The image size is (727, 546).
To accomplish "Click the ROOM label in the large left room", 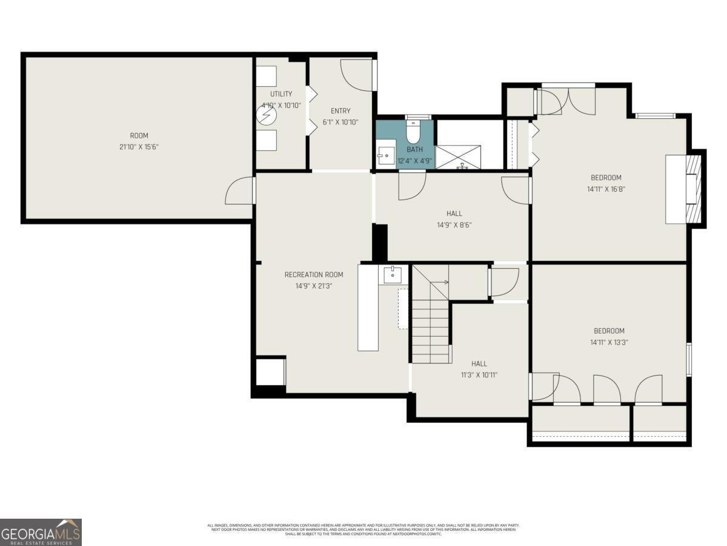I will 139,135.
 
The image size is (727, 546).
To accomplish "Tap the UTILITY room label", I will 281,94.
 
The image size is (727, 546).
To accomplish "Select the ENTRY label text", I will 340,111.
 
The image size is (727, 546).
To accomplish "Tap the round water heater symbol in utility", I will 266,116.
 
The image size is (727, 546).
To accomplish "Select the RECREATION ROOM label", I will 314,275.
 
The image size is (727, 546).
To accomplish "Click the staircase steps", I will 431,331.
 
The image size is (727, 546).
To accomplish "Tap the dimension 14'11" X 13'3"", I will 609,342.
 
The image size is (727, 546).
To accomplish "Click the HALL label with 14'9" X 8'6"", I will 454,214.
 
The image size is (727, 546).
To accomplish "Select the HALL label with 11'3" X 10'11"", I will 479,363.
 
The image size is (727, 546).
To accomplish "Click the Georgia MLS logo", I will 41,532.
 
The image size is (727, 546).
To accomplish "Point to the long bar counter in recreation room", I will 368,308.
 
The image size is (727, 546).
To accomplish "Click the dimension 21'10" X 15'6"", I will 139,147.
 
